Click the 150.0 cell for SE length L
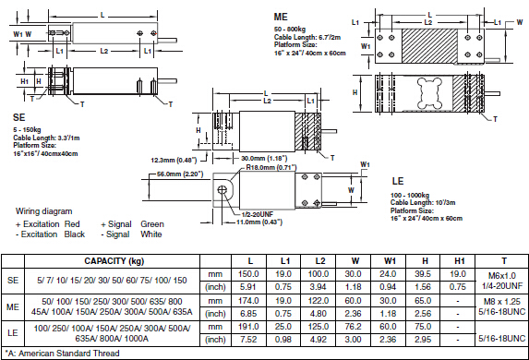248,274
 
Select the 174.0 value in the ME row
248,301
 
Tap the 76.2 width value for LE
353,327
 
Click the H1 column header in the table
460,261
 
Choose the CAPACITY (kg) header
114,261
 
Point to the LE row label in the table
13,333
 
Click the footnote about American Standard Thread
62,354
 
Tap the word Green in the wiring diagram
152,224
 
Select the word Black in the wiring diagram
75,234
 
